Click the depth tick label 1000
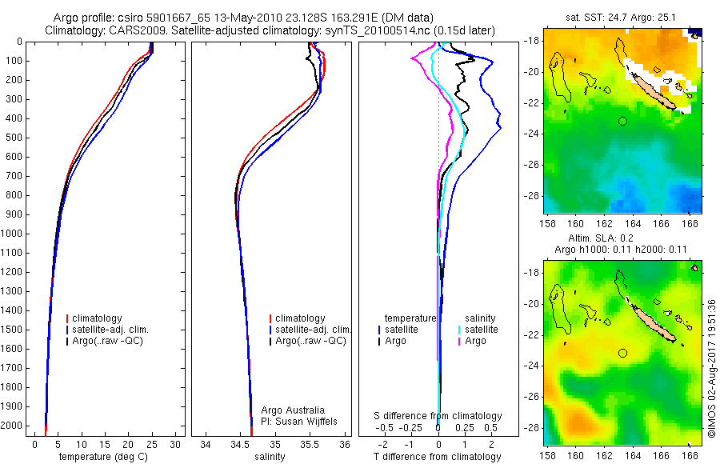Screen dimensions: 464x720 point(13,234)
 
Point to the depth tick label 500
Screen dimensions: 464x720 point(15,138)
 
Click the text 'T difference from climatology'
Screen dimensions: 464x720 point(438,457)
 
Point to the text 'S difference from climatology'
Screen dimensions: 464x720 point(438,416)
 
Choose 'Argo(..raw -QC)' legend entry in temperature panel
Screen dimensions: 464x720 point(111,341)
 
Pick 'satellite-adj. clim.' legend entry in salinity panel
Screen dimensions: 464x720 point(313,330)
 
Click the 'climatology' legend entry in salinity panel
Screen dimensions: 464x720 point(299,318)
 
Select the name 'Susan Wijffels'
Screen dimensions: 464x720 point(302,421)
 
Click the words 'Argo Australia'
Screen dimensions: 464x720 point(293,410)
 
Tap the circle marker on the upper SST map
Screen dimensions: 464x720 point(622,121)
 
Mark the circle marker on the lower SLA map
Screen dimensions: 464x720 point(622,353)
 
